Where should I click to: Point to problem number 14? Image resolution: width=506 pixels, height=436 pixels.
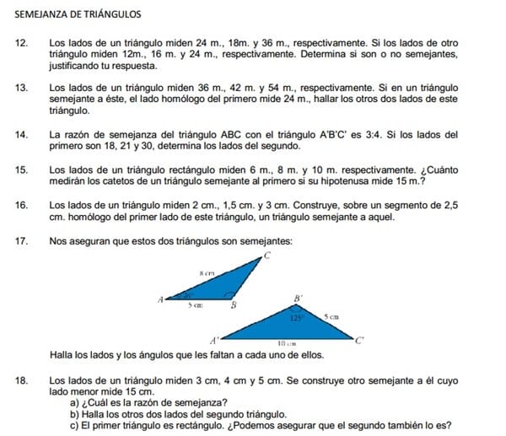[x=22, y=134]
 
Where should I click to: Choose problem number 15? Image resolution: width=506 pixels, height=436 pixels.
[x=22, y=170]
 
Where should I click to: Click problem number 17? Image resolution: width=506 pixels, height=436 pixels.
[x=22, y=241]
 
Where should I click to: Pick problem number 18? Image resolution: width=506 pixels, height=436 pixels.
[x=22, y=381]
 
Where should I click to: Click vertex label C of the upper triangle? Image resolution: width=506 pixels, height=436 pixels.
[x=267, y=254]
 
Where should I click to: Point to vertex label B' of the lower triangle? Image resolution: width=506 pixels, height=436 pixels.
[x=297, y=298]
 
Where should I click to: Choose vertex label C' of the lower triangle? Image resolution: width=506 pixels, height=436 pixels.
[x=359, y=340]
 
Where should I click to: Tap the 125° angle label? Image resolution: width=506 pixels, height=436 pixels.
[x=296, y=319]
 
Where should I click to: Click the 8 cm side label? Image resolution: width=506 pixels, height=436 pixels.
[x=207, y=273]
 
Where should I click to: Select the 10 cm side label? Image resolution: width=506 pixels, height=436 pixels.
[x=285, y=343]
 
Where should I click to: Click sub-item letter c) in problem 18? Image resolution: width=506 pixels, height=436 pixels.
[x=74, y=425]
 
